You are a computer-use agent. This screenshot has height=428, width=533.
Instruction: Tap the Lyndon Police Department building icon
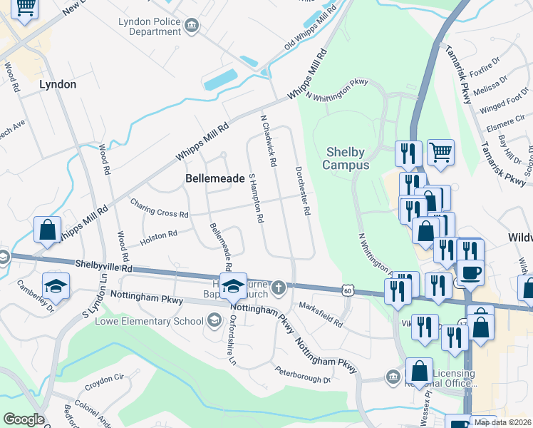[x=191, y=27]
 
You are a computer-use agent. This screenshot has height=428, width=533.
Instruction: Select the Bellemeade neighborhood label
[x=214, y=178]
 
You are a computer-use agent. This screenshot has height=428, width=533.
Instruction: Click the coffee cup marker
[x=470, y=272]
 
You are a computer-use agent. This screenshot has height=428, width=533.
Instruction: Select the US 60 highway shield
[x=347, y=290]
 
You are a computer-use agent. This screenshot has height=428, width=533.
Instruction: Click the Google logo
[x=24, y=419]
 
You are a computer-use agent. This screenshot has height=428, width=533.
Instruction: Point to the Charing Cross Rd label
[x=159, y=208]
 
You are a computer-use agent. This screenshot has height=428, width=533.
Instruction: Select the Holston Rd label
[x=158, y=236]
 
